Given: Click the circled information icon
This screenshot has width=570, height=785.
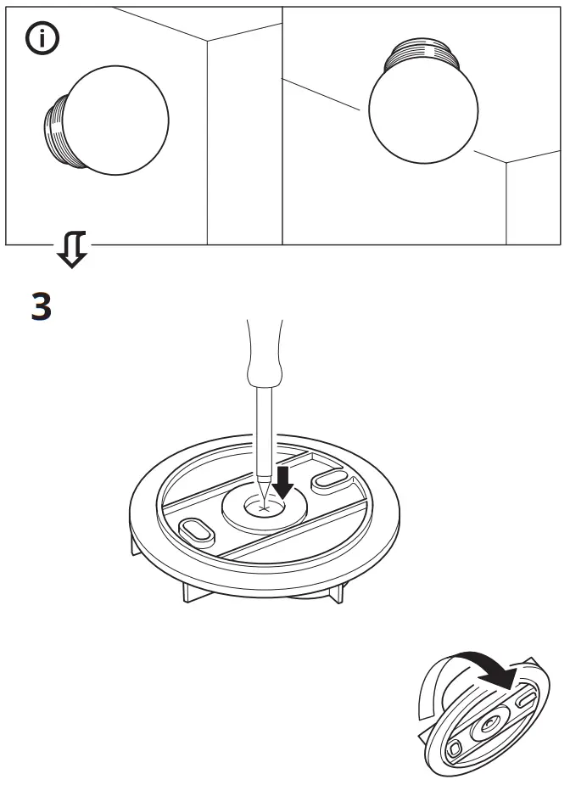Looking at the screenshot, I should tap(42, 40).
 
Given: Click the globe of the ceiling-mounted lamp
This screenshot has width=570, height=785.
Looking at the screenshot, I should tap(422, 111).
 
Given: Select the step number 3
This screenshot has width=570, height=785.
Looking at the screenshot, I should tap(41, 306).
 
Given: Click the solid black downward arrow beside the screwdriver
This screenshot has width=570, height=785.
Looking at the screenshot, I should tap(284, 481).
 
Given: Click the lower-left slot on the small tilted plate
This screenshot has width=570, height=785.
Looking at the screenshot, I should tap(454, 750).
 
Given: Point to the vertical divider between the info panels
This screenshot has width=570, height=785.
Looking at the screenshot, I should tap(282, 126).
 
